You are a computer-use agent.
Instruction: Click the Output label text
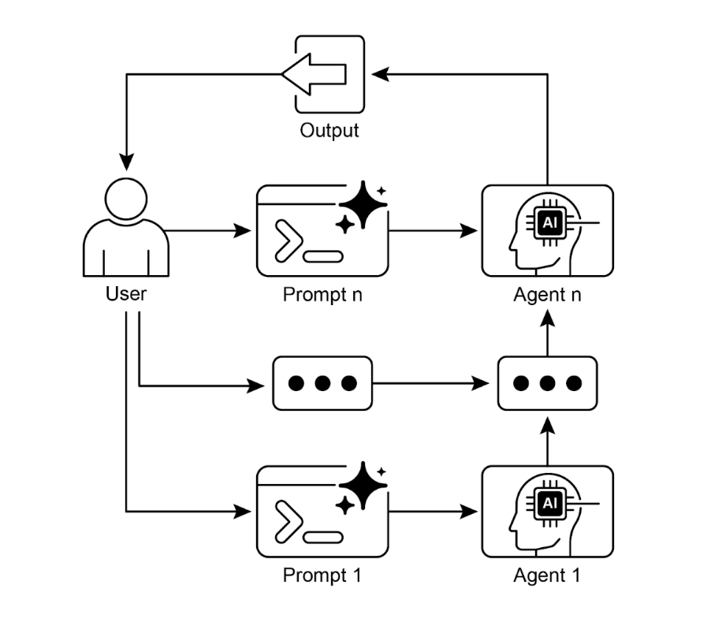pyautogui.click(x=329, y=130)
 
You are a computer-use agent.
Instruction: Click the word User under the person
pyautogui.click(x=126, y=295)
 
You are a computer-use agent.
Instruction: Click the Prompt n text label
pyautogui.click(x=322, y=296)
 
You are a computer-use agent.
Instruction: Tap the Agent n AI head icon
pyautogui.click(x=547, y=230)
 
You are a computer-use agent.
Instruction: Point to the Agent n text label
pyautogui.click(x=547, y=296)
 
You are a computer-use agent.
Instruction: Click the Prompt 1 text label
pyautogui.click(x=322, y=576)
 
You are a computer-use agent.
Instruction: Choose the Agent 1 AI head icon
pyautogui.click(x=547, y=511)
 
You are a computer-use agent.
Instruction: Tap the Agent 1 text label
pyautogui.click(x=547, y=576)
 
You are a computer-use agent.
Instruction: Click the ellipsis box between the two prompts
pyautogui.click(x=322, y=383)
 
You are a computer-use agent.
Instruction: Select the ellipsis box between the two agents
pyautogui.click(x=547, y=383)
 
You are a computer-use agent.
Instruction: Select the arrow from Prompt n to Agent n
pyautogui.click(x=434, y=231)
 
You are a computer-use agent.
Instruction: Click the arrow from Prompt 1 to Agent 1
pyautogui.click(x=434, y=512)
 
